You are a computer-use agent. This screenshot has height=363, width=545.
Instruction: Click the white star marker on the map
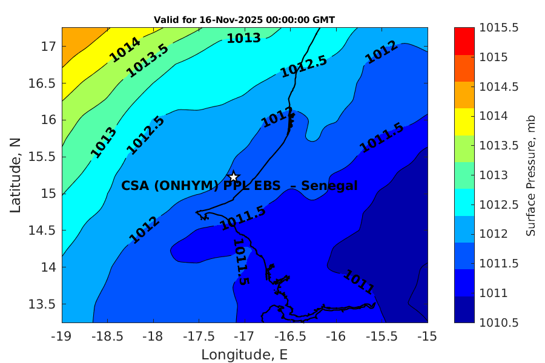tap(234, 177)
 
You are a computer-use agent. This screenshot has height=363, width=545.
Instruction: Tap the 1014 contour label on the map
tap(125, 50)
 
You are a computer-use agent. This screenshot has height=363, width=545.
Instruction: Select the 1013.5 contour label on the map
tap(147, 61)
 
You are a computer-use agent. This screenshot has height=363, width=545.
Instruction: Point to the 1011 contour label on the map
tap(359, 281)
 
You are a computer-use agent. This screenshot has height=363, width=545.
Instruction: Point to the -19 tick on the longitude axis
tap(62, 335)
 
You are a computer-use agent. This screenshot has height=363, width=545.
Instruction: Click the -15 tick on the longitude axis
tap(428, 335)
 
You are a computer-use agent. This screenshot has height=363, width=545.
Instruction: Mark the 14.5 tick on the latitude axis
tap(42, 231)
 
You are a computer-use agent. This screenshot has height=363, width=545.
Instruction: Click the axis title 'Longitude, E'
tap(245, 354)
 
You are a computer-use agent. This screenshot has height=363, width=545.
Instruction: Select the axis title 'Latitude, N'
tap(16, 175)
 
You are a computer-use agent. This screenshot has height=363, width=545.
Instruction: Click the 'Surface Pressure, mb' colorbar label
tap(531, 175)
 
